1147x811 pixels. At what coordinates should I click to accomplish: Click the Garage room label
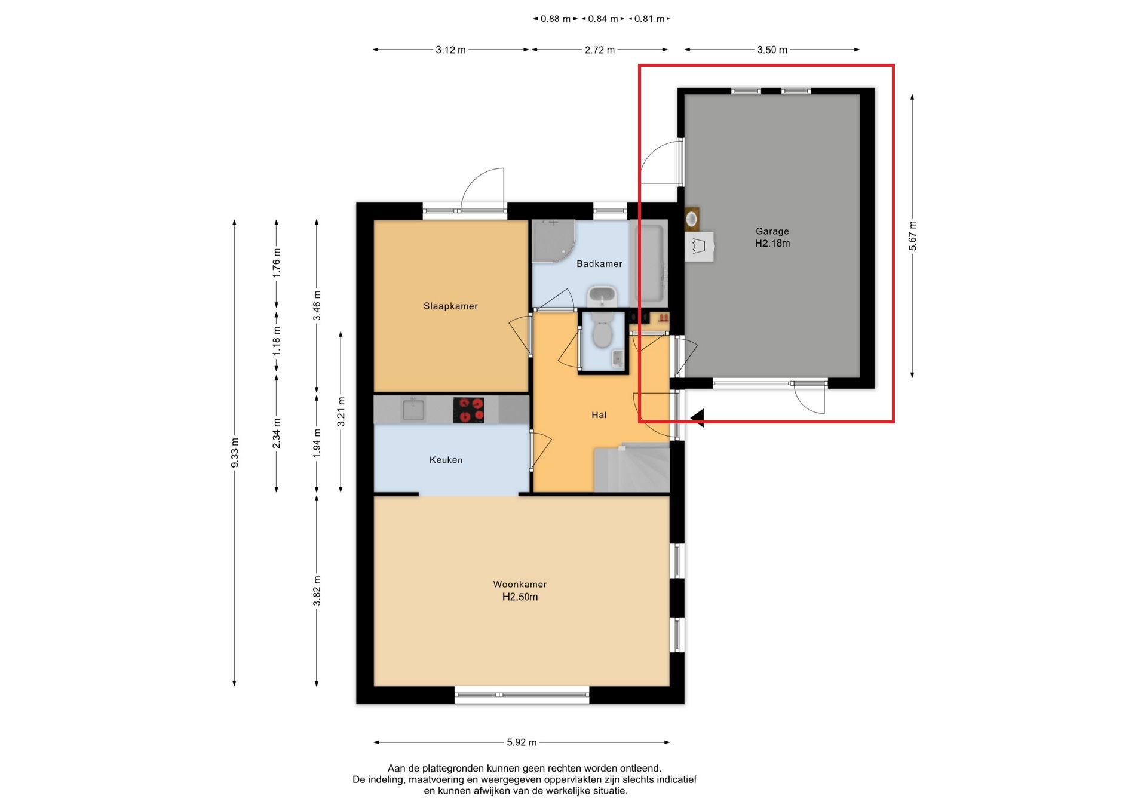(x=772, y=231)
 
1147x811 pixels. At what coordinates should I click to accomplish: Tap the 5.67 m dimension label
(x=912, y=236)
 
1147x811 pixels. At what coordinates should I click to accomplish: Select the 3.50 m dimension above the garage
(x=772, y=50)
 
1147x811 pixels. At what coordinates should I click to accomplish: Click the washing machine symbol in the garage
(x=700, y=246)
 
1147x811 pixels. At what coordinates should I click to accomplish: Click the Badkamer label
(x=599, y=263)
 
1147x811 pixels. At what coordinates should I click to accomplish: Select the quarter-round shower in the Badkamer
(x=553, y=241)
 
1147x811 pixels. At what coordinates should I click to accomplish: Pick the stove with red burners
(x=468, y=410)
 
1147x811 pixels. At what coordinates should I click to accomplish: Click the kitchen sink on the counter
(x=413, y=410)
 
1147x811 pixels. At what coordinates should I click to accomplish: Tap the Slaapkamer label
(x=450, y=306)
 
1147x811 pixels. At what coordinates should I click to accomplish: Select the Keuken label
(x=446, y=460)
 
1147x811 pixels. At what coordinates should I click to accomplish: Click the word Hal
(x=599, y=415)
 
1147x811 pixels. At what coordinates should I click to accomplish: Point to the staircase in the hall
(x=631, y=469)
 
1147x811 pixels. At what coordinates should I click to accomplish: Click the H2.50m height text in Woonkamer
(x=520, y=597)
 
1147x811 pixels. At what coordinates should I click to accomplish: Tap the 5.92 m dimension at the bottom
(x=522, y=742)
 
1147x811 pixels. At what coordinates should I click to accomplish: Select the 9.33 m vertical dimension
(x=235, y=453)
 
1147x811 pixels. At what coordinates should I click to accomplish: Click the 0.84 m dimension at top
(x=603, y=19)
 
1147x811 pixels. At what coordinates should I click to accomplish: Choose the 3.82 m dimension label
(x=317, y=591)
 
